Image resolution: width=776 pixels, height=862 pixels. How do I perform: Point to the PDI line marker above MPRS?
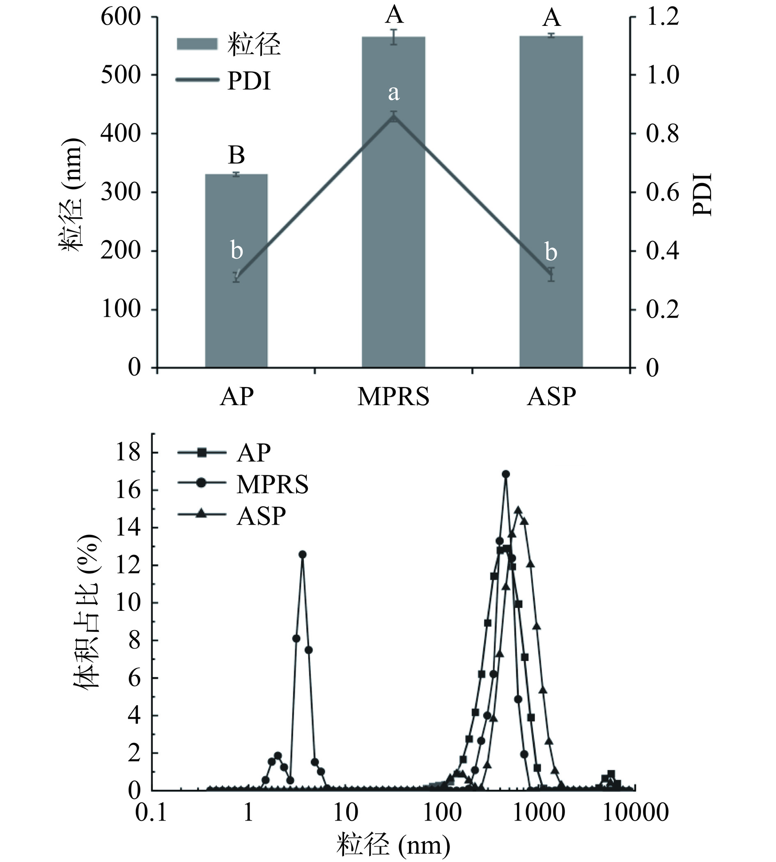pyautogui.click(x=393, y=117)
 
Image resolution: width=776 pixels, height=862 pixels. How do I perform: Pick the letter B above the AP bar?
pyautogui.click(x=236, y=156)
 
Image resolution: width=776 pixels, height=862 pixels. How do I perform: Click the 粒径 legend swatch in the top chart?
pyautogui.click(x=197, y=44)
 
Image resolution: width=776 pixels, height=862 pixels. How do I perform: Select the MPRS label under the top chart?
pyautogui.click(x=393, y=397)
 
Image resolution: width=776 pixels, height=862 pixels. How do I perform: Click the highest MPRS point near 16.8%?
pyautogui.click(x=506, y=474)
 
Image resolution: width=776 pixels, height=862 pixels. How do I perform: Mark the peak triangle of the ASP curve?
pyautogui.click(x=518, y=510)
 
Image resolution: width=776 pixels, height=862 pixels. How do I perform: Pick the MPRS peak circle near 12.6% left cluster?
pyautogui.click(x=302, y=554)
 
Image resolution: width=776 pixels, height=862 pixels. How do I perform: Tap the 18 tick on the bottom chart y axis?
pyautogui.click(x=130, y=453)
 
